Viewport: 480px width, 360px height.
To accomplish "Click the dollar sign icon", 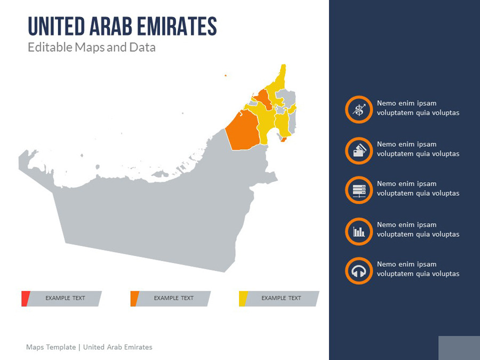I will [x=359, y=110].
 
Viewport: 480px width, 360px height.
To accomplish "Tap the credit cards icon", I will [x=359, y=150].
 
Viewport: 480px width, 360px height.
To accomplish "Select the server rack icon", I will [x=359, y=190].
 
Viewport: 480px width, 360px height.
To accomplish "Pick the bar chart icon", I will [x=359, y=231].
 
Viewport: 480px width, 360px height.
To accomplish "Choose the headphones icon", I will [x=359, y=271].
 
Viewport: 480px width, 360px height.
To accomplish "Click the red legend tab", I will [x=25, y=299].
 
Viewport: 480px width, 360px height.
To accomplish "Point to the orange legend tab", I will [x=134, y=299].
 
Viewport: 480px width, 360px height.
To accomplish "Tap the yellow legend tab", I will [x=243, y=299].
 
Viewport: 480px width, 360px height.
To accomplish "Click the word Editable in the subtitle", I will [x=50, y=47].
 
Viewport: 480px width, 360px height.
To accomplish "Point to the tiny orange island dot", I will [x=225, y=75].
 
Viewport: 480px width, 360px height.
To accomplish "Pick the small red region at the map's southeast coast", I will [x=283, y=140].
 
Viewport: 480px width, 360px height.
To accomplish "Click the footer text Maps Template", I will [x=51, y=347].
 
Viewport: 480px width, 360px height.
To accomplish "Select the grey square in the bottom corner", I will [x=459, y=348].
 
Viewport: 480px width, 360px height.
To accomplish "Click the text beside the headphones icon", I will [x=418, y=269].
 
